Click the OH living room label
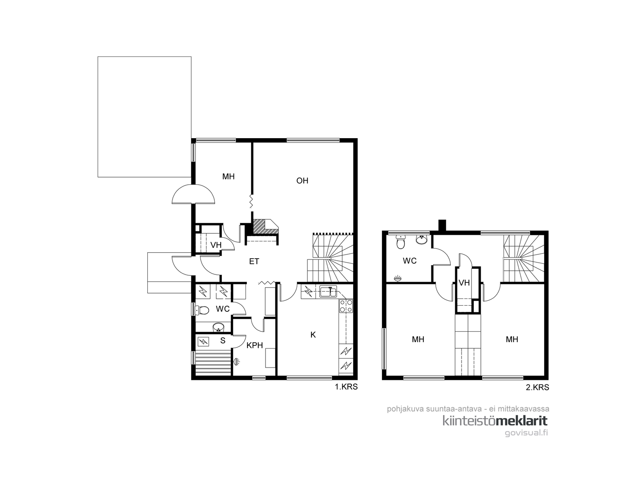pyautogui.click(x=302, y=181)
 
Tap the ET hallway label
pyautogui.click(x=254, y=261)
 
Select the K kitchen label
pyautogui.click(x=313, y=335)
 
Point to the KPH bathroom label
pyautogui.click(x=254, y=345)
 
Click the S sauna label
pyautogui.click(x=223, y=341)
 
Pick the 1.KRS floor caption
pyautogui.click(x=346, y=387)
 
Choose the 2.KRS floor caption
pyautogui.click(x=537, y=388)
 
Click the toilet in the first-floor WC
pyautogui.click(x=201, y=310)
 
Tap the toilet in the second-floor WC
pyautogui.click(x=400, y=242)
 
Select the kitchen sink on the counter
pyautogui.click(x=328, y=292)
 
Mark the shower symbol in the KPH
pyautogui.click(x=237, y=362)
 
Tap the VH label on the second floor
pyautogui.click(x=464, y=283)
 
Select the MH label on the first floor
pyautogui.click(x=228, y=177)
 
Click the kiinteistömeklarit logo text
pyautogui.click(x=495, y=421)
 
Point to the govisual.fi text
pyautogui.click(x=526, y=433)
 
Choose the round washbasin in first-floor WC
pyautogui.click(x=218, y=327)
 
